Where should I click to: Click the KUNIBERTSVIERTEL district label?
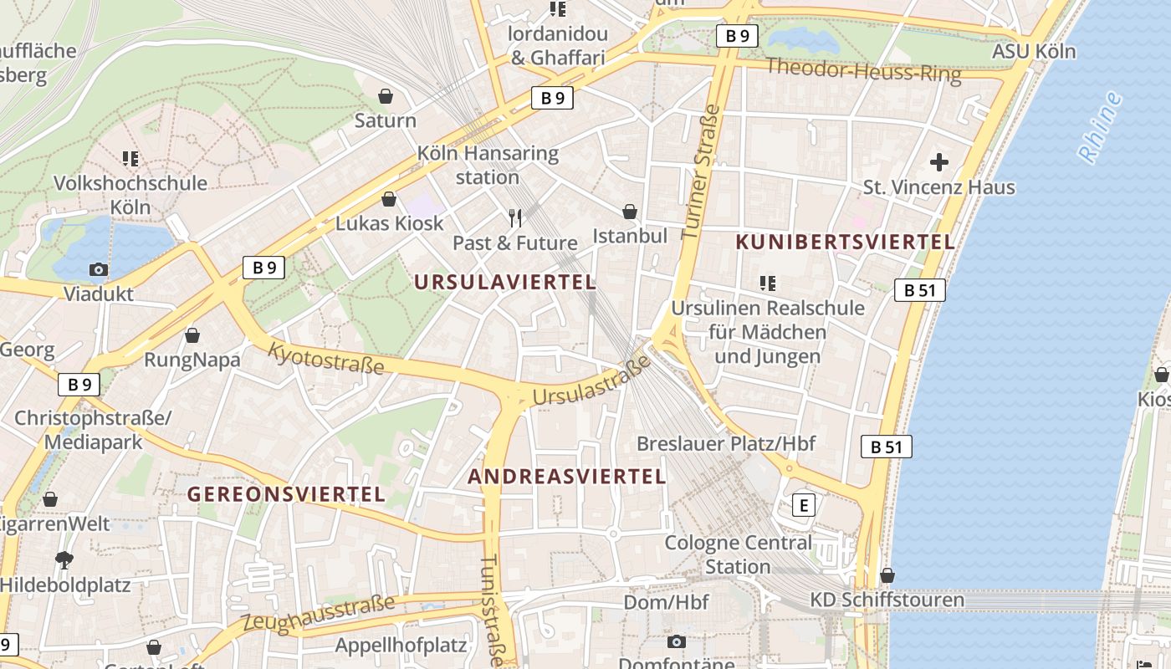[x=845, y=243]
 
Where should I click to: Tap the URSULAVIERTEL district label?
[x=505, y=283]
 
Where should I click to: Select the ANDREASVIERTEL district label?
[x=566, y=477]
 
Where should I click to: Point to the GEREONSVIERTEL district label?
[x=286, y=494]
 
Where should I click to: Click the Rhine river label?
[x=1099, y=127]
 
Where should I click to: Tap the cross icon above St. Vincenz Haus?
[x=939, y=161]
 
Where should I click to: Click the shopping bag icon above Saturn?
[x=386, y=96]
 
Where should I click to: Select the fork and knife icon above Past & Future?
[x=515, y=218]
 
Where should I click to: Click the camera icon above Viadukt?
[x=99, y=269]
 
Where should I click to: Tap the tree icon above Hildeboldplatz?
[x=64, y=559]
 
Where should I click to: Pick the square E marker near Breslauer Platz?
[x=804, y=505]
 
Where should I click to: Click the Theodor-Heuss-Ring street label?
[x=863, y=70]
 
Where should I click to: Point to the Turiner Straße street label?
[x=701, y=172]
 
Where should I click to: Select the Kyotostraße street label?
[x=325, y=358]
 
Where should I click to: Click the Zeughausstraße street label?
[x=319, y=614]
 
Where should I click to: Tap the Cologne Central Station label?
[x=738, y=554]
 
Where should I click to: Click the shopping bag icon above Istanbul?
[x=630, y=212]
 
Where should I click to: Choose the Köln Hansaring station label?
[x=488, y=165]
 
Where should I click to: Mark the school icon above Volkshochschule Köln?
[x=130, y=158]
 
